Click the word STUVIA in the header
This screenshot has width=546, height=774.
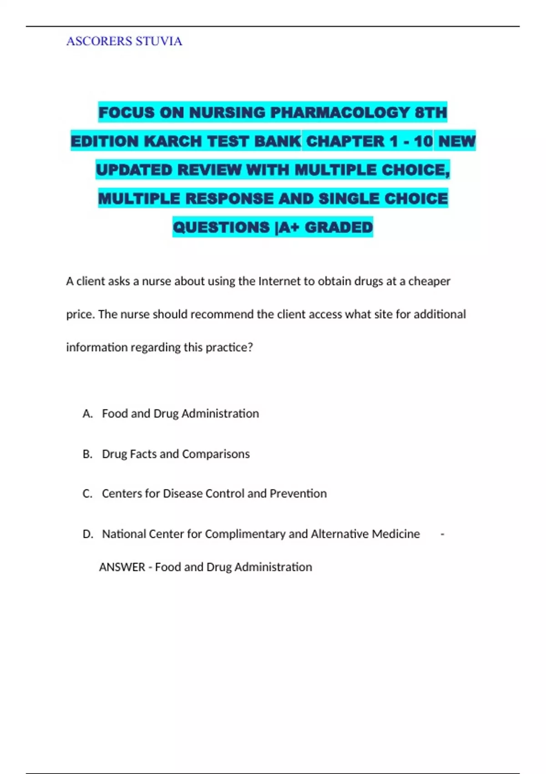[159, 41]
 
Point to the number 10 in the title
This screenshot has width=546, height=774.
[423, 141]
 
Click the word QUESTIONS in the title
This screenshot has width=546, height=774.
[221, 227]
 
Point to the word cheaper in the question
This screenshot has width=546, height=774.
[429, 281]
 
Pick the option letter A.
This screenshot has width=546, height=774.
[87, 413]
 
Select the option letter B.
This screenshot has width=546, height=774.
[87, 454]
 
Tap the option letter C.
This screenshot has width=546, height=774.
[87, 494]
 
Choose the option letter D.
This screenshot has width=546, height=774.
[87, 534]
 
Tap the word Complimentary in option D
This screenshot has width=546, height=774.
[245, 534]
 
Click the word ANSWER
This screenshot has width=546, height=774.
[122, 567]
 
